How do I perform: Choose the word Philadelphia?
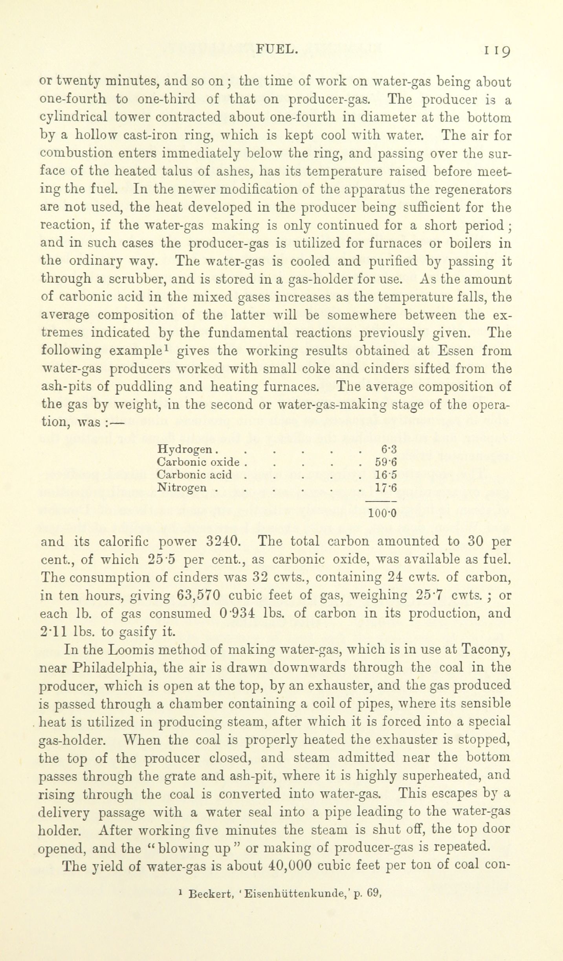click(x=115, y=667)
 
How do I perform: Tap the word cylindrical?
click(x=73, y=117)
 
